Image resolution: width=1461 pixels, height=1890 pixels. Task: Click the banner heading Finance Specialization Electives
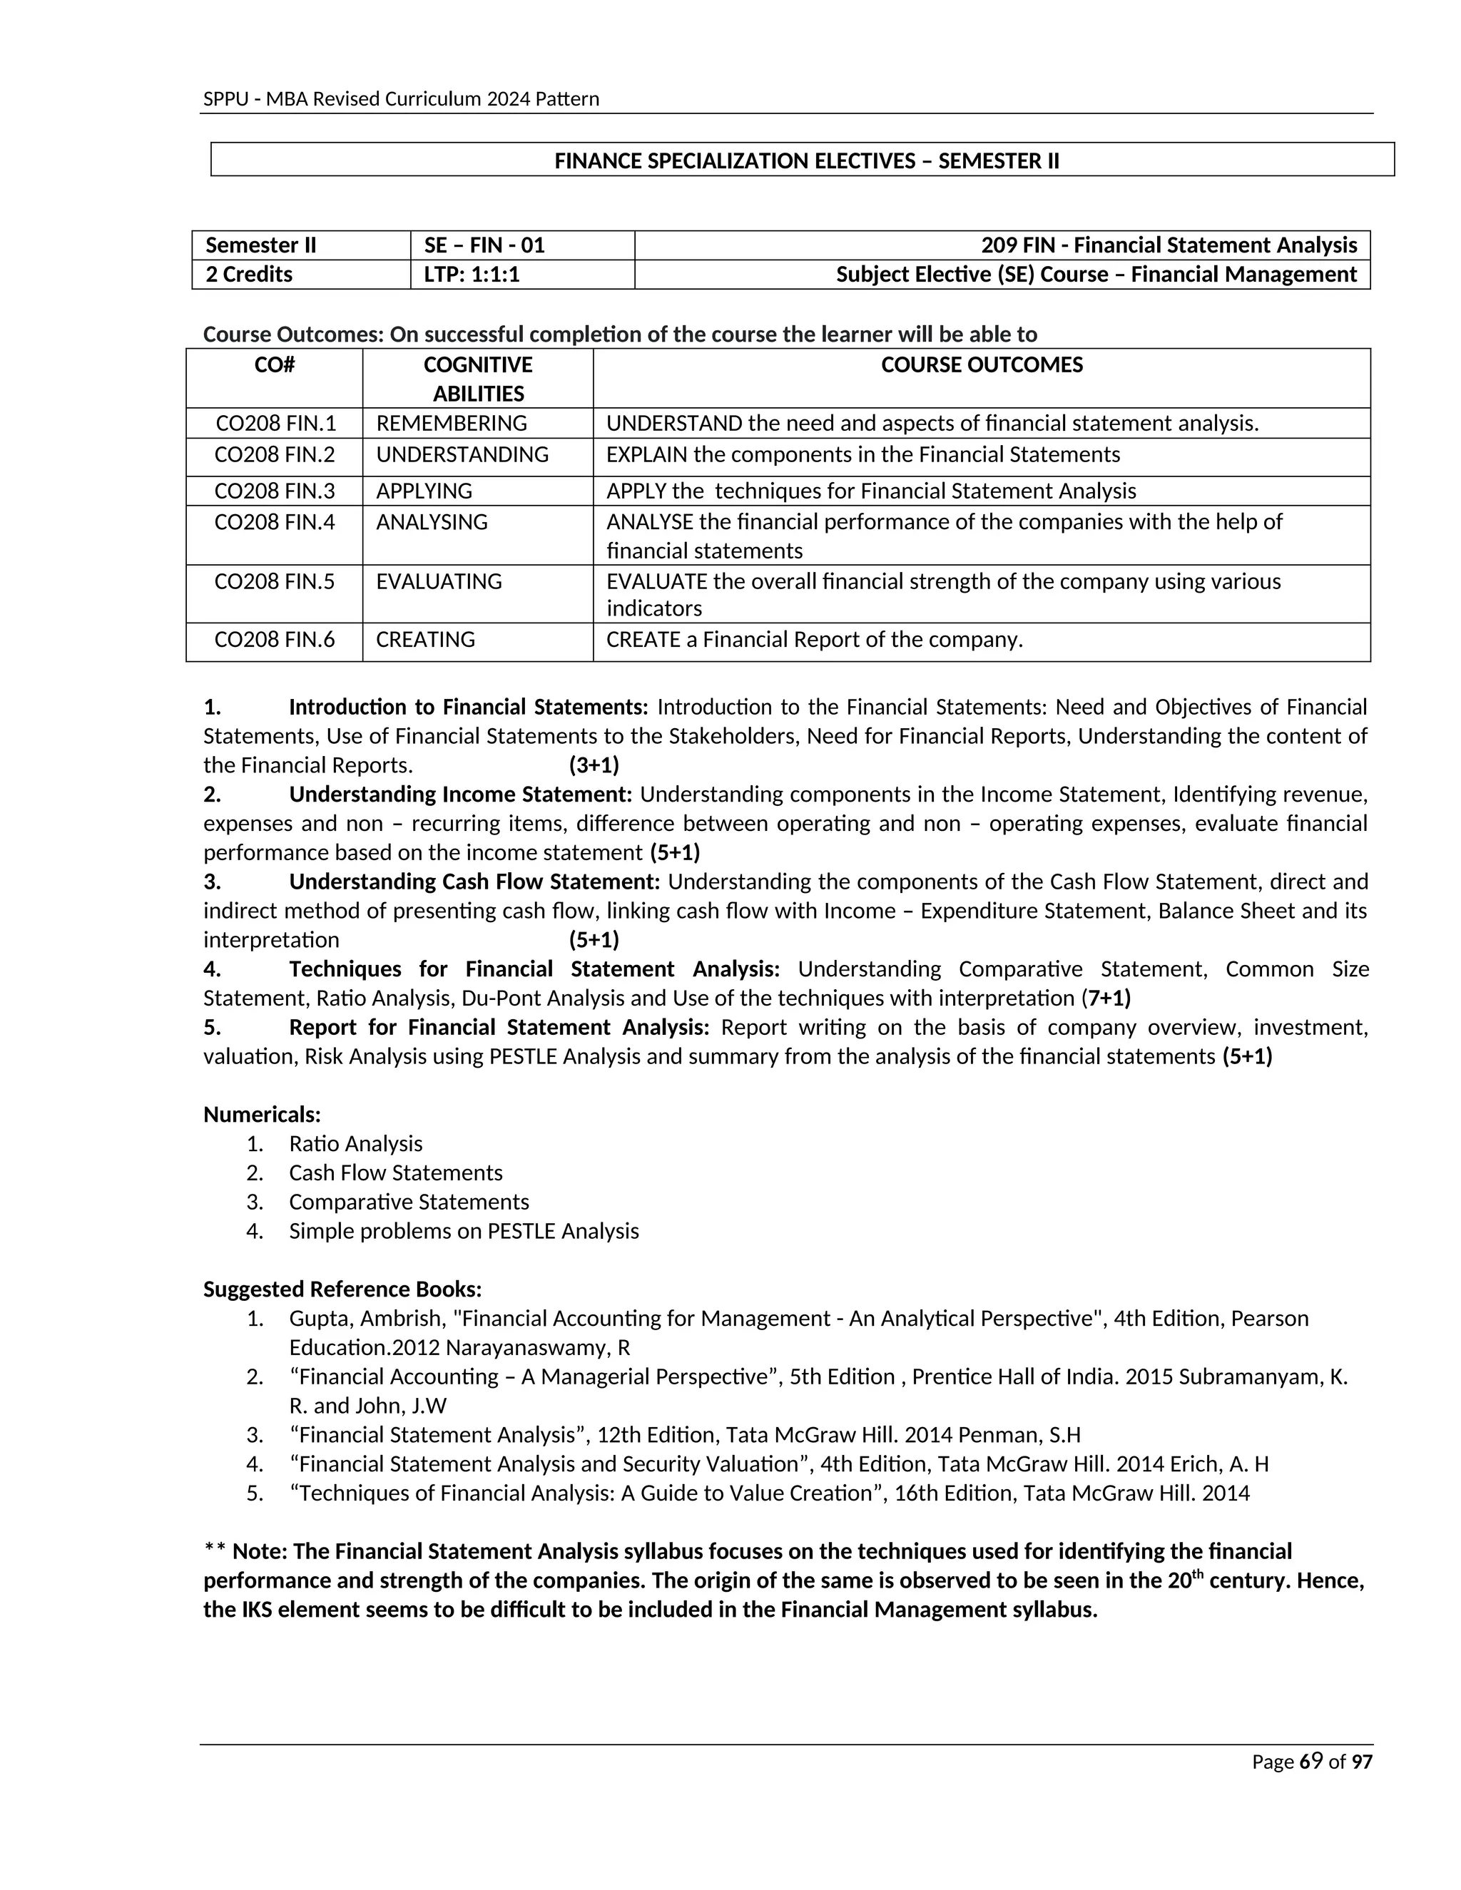tap(806, 161)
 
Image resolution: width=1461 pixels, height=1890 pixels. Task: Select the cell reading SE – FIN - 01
tap(484, 245)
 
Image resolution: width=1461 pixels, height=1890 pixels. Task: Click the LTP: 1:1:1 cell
tap(472, 275)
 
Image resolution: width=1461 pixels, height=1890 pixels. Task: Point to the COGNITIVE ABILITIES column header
tap(478, 378)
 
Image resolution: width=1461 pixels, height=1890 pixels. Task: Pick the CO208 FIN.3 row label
tap(275, 491)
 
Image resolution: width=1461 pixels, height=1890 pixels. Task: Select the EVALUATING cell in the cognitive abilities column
tap(439, 581)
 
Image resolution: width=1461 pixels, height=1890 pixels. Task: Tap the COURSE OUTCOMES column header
tap(982, 364)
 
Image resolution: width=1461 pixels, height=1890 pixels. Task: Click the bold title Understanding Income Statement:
tap(459, 794)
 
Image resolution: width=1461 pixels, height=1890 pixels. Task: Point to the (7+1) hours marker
tap(1108, 998)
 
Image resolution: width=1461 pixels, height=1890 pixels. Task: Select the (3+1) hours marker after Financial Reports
tap(594, 765)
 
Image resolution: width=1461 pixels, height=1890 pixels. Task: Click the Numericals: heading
tap(261, 1114)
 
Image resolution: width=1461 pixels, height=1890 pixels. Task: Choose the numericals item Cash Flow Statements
tap(395, 1173)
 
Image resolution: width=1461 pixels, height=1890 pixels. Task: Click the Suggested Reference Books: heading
tap(342, 1289)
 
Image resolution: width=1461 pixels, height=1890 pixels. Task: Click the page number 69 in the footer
tap(1311, 1762)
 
